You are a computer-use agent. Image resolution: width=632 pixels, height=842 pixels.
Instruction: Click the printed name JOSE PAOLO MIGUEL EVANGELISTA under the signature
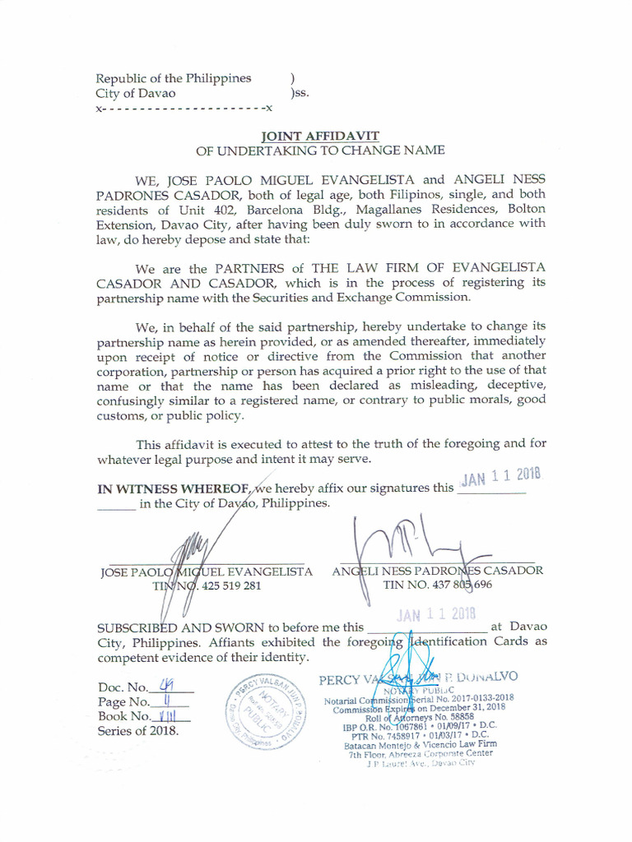click(205, 571)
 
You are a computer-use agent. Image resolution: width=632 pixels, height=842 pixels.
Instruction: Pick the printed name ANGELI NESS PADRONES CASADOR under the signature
click(436, 571)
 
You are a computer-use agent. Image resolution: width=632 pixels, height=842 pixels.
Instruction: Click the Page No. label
click(123, 702)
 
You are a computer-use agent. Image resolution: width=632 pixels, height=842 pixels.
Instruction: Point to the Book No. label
click(124, 716)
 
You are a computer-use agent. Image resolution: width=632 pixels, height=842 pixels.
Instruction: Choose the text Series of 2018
click(137, 731)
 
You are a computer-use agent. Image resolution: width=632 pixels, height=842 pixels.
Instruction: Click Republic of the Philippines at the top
click(174, 79)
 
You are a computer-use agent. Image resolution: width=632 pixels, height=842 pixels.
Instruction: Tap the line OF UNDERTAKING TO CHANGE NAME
click(319, 150)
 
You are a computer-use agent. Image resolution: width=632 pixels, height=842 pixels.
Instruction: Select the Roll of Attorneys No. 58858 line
click(416, 717)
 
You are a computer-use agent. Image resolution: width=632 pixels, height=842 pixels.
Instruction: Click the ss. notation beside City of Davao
click(300, 94)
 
